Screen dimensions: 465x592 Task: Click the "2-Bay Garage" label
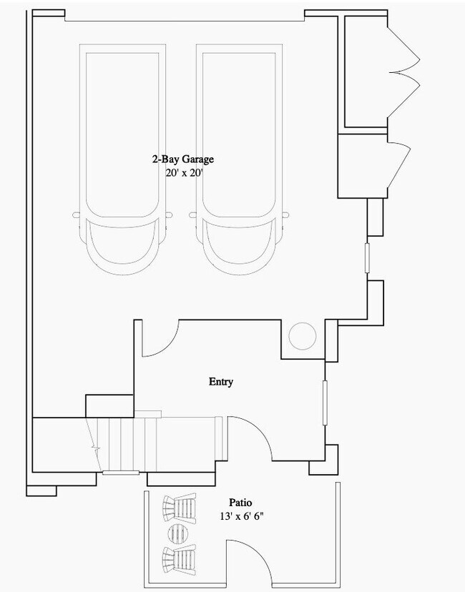coord(183,159)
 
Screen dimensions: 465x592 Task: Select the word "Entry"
coord(221,382)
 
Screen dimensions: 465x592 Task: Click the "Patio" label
coord(240,503)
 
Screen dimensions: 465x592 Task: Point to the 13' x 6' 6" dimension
coord(241,516)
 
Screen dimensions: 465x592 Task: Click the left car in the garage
coord(122,159)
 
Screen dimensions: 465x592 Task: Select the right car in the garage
coord(239,159)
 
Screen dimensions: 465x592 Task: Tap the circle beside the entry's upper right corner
coord(302,336)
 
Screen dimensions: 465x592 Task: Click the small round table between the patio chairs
coord(179,533)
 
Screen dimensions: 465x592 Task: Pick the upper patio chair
coord(180,508)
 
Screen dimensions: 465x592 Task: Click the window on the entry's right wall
coord(325,403)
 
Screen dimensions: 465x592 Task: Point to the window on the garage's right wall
coord(367,258)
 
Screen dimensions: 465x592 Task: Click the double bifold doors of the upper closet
coord(403,71)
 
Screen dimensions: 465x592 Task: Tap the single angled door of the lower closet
coord(399,165)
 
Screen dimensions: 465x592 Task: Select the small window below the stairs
coord(121,473)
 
